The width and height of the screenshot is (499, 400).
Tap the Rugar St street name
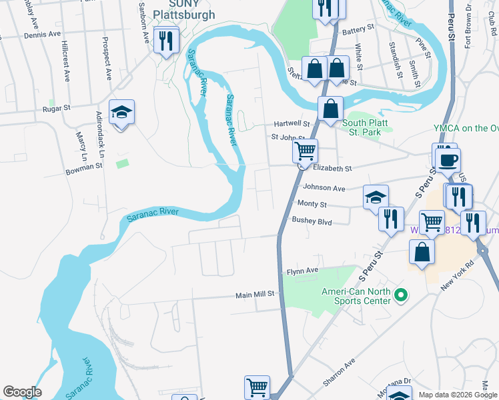(x=56, y=108)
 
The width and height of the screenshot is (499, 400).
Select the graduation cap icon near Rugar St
(x=122, y=112)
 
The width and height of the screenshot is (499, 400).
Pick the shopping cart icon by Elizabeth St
(x=305, y=151)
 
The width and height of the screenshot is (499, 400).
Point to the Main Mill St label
(x=255, y=294)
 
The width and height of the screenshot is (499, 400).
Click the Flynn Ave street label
(x=303, y=271)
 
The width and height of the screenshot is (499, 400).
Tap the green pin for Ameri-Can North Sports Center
(x=400, y=294)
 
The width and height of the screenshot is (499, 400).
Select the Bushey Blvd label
(x=312, y=219)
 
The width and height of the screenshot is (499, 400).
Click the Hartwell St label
(x=292, y=124)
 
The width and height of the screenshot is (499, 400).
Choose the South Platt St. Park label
(x=367, y=123)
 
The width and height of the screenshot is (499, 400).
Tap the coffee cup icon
(x=448, y=159)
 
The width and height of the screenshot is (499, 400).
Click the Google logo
(x=22, y=392)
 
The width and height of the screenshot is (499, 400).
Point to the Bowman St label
(x=84, y=165)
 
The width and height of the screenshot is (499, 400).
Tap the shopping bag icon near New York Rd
(x=422, y=252)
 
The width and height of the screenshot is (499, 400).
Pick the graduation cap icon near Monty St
(x=376, y=197)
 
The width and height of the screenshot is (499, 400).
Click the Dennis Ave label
(x=42, y=33)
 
